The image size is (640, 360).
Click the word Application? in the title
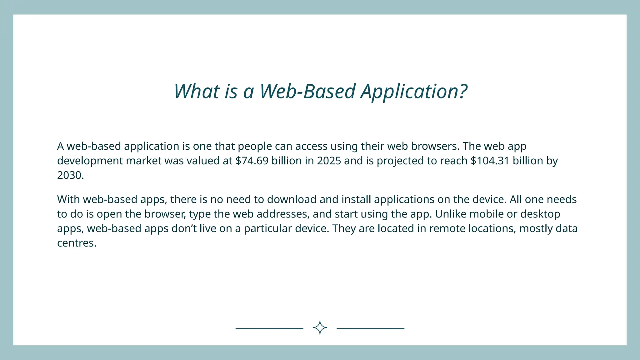coord(414,92)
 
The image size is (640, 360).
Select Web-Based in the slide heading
coord(307,92)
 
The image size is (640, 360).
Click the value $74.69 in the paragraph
coord(252,161)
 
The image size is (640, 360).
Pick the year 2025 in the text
coord(329,161)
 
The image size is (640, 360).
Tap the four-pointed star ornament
coord(320,328)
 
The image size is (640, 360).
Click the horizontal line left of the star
coord(269,328)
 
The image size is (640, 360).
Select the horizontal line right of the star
coord(370,328)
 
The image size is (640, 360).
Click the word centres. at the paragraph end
coord(77,243)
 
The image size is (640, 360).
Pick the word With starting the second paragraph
coord(68,199)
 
